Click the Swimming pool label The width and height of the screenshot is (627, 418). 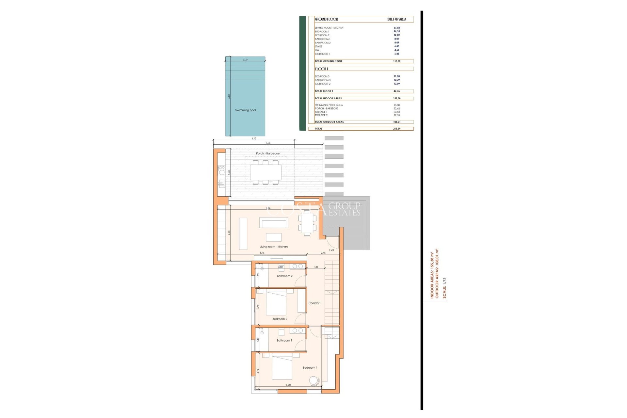(245, 110)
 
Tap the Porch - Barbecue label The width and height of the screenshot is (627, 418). (267, 153)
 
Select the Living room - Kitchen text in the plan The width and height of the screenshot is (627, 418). (273, 247)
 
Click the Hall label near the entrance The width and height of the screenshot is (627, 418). (331, 250)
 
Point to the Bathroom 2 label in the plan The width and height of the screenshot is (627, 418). (284, 276)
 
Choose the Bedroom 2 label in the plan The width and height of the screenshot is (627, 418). (280, 319)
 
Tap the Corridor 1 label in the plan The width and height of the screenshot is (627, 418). (315, 303)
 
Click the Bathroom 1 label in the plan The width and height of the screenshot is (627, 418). (284, 341)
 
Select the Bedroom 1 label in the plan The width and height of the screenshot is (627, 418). (310, 368)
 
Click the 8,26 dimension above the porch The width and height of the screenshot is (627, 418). (268, 143)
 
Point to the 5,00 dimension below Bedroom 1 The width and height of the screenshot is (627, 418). (288, 385)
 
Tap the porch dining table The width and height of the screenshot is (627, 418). (265, 172)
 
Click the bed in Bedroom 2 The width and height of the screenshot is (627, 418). (276, 303)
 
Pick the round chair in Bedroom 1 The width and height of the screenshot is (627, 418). (313, 380)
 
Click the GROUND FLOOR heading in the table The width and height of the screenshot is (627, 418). (326, 19)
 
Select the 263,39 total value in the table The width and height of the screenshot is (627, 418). (396, 129)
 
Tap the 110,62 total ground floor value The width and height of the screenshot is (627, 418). (396, 61)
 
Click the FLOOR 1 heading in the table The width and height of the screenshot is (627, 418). (321, 69)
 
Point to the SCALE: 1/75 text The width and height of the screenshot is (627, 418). (444, 288)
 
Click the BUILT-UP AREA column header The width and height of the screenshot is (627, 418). (396, 19)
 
